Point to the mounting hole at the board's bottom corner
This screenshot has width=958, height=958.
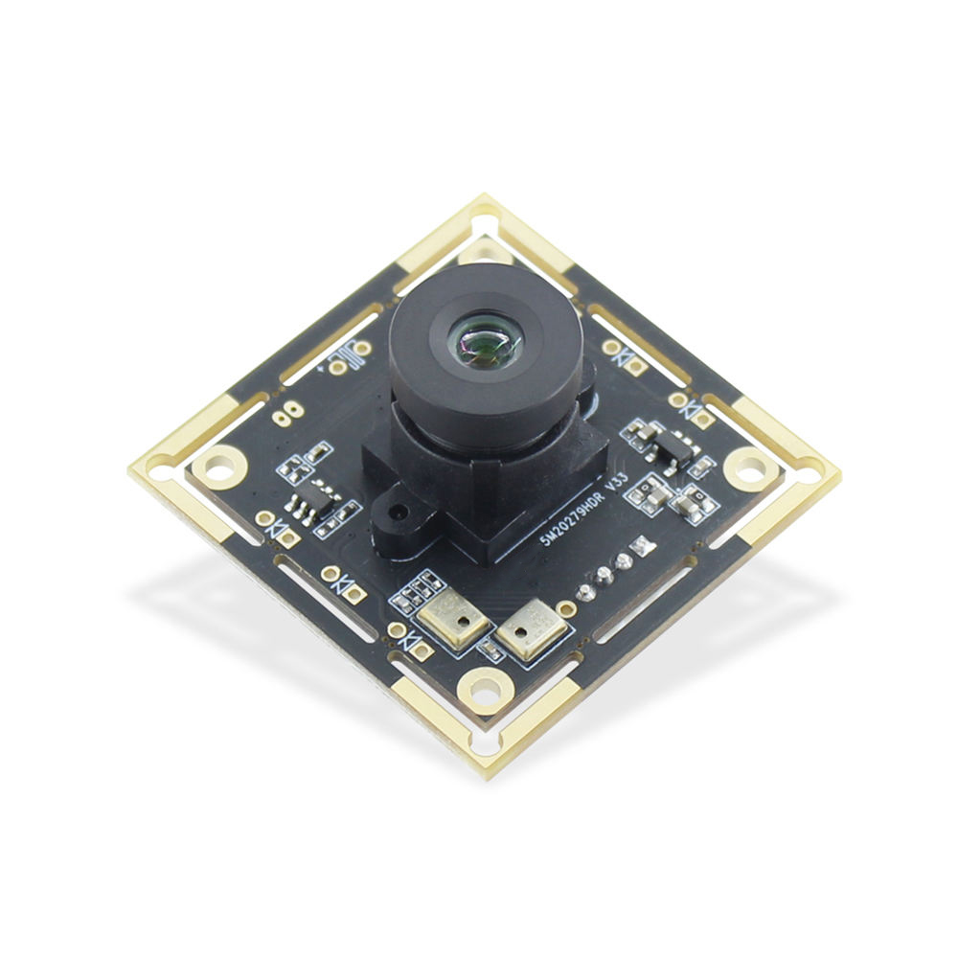point(484,687)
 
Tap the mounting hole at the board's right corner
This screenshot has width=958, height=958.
point(750,468)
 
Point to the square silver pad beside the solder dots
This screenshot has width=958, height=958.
point(640,548)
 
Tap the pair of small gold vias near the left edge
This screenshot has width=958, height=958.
point(285,414)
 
